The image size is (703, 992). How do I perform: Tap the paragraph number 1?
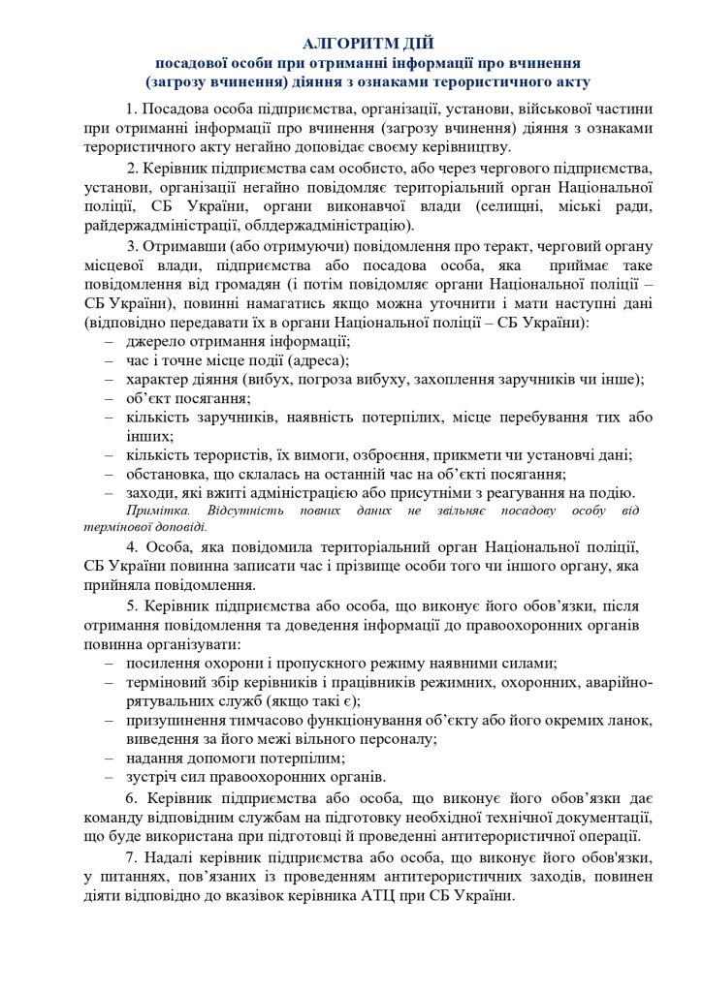(x=131, y=108)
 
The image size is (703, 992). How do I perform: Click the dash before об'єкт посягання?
(x=110, y=398)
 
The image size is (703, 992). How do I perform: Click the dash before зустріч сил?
(x=110, y=776)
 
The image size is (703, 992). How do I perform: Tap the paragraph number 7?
(x=131, y=856)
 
